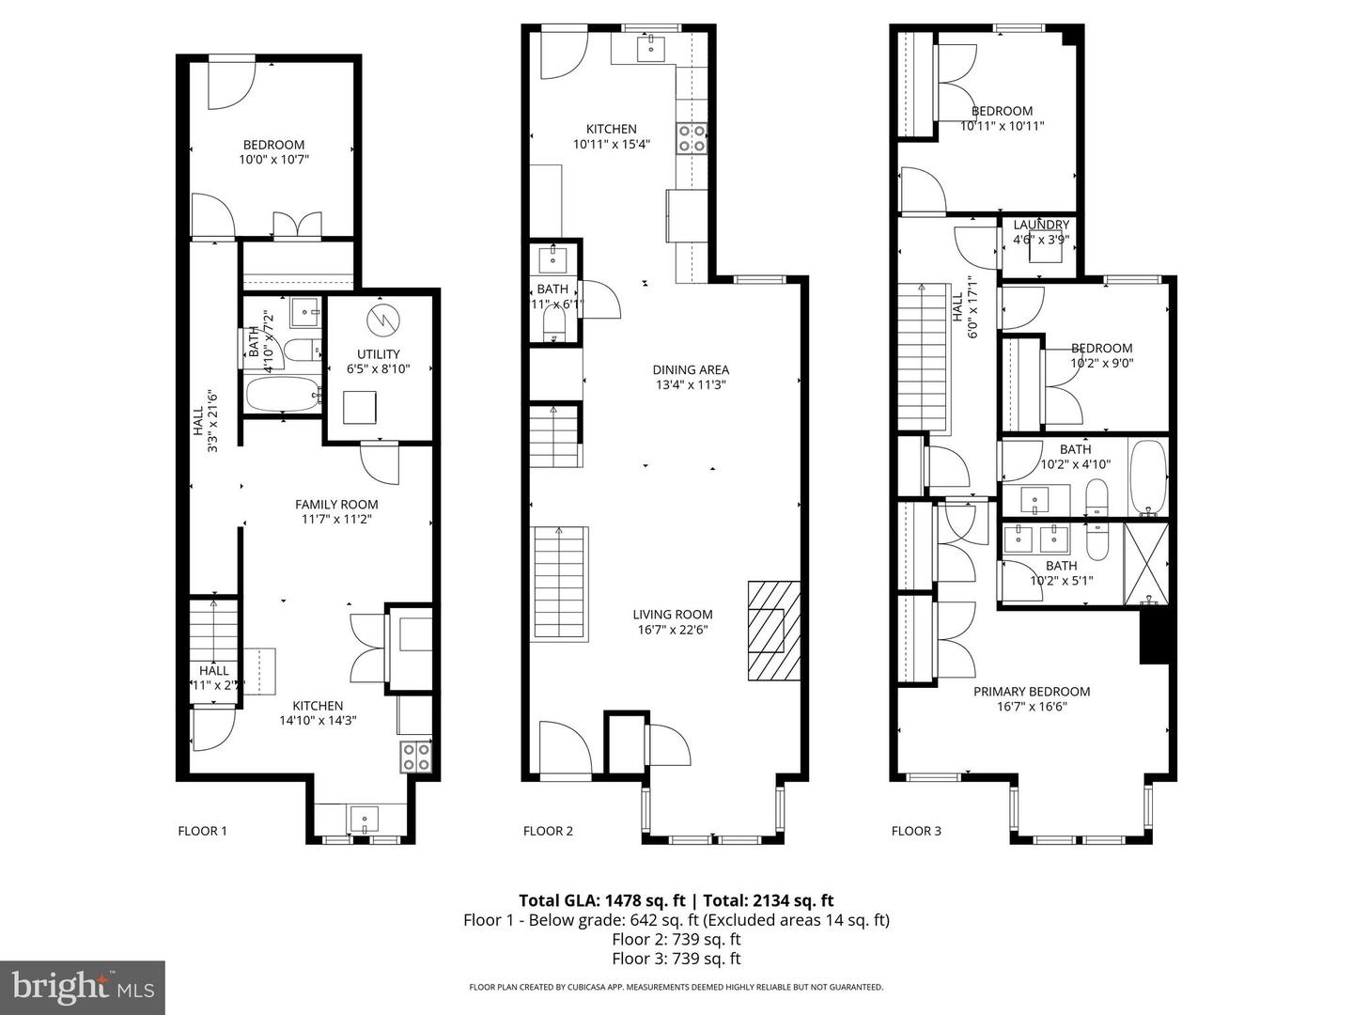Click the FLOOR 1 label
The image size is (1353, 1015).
[x=202, y=831]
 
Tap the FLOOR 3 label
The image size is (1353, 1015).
[x=916, y=831]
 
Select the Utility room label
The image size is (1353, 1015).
[x=378, y=354]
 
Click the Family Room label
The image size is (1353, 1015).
[x=336, y=505]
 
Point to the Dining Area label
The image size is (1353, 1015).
[x=691, y=370]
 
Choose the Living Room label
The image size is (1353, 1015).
[x=672, y=615]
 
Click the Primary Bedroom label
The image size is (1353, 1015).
[x=1031, y=692]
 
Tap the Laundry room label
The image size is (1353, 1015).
[x=1040, y=226]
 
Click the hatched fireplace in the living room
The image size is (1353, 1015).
[x=774, y=630]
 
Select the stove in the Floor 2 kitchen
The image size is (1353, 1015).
[x=692, y=138]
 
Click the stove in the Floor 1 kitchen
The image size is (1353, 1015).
[x=416, y=757]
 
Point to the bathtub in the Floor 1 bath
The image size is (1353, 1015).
[x=283, y=395]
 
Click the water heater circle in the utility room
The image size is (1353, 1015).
[x=382, y=320]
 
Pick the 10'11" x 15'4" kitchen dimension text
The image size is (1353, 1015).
[x=612, y=145]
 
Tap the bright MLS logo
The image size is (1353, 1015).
[x=83, y=987]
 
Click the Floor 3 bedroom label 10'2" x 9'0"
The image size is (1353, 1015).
[x=1102, y=362]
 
